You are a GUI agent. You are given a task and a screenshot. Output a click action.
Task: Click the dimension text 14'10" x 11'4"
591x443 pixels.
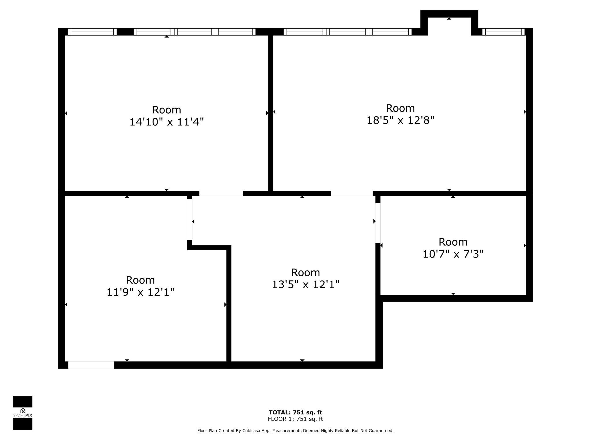coord(167,122)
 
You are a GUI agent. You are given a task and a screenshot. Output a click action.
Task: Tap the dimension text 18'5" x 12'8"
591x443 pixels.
coord(400,120)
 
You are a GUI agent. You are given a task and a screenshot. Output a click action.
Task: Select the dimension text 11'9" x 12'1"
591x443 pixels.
coord(140,292)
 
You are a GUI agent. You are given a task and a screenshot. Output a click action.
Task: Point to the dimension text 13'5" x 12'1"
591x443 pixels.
coord(305,285)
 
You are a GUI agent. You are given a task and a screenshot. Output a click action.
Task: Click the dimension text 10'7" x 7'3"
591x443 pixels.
coord(453,254)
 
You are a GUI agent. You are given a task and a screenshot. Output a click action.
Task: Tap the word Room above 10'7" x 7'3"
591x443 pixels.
coord(453,242)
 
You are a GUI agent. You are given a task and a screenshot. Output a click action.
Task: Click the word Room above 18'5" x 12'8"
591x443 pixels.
coord(400,108)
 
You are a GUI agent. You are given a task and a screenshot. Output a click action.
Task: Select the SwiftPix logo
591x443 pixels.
coord(23,412)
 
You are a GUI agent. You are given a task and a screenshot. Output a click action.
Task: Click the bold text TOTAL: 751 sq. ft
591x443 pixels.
coord(295,412)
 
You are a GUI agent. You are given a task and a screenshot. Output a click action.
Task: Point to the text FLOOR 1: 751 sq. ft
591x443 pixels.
coord(295,419)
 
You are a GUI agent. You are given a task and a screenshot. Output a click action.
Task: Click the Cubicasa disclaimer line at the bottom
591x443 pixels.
coord(295,431)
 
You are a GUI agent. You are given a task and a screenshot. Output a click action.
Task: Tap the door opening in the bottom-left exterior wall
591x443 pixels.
coord(91,365)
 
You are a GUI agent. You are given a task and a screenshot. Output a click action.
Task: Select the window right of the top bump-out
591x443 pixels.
coord(503,32)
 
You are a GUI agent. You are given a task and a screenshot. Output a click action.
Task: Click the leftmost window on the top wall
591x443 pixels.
coord(92,32)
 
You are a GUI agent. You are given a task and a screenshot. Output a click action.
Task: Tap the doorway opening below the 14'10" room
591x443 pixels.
coord(221,193)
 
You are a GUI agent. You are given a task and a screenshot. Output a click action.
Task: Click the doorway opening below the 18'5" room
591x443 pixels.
coord(352,193)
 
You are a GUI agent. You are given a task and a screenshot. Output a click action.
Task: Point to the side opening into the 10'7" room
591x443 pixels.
coord(378,223)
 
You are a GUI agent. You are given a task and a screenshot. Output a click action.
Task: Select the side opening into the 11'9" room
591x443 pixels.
coord(190,219)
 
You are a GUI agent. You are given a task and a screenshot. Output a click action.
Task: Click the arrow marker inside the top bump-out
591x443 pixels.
coord(449,18)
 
